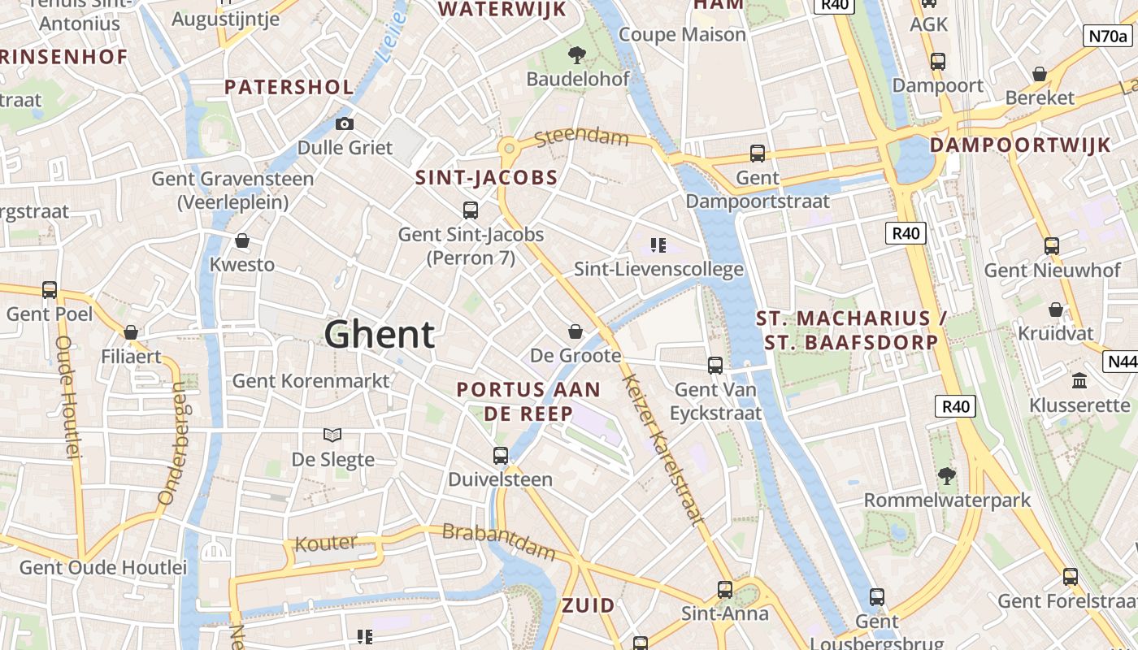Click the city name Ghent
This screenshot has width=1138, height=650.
click(x=380, y=334)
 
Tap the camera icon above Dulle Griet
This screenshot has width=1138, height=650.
click(x=345, y=123)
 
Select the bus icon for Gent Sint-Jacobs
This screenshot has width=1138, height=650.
click(x=470, y=210)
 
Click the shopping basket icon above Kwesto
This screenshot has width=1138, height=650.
click(x=242, y=240)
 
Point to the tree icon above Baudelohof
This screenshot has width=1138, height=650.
click(x=577, y=55)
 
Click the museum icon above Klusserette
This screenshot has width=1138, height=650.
click(x=1079, y=380)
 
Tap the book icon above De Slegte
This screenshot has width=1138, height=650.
click(x=332, y=435)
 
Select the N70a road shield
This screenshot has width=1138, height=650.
click(x=1108, y=36)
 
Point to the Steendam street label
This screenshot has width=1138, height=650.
click(x=582, y=136)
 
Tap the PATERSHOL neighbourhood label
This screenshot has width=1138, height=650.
click(x=289, y=87)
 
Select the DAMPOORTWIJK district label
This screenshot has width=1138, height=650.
click(x=1020, y=145)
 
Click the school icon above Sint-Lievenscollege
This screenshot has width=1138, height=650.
click(x=658, y=245)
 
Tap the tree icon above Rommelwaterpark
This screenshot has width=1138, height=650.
click(x=946, y=475)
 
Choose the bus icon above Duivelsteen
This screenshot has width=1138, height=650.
click(x=501, y=455)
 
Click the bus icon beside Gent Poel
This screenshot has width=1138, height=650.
click(x=50, y=289)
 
